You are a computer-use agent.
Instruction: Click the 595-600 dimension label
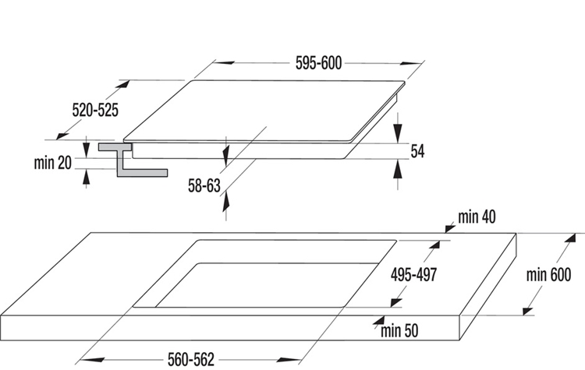[318, 63]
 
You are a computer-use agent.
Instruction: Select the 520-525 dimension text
[95, 111]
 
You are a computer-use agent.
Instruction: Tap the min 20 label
[52, 163]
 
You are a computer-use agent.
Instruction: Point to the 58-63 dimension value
[204, 185]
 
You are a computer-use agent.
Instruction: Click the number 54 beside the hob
[417, 151]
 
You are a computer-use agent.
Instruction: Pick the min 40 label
[477, 217]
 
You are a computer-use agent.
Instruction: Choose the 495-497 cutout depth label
[413, 275]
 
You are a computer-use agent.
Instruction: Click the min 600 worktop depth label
[548, 275]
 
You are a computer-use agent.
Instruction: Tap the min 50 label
[399, 330]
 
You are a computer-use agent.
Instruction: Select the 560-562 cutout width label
[191, 360]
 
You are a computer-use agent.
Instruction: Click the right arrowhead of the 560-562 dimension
[289, 360]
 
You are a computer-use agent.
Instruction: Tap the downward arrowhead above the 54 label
[398, 132]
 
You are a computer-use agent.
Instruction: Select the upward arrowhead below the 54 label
[398, 170]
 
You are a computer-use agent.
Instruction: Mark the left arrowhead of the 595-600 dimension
[225, 62]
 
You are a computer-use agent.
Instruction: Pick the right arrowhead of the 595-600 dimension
[410, 63]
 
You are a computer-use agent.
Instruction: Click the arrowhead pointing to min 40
[450, 227]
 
